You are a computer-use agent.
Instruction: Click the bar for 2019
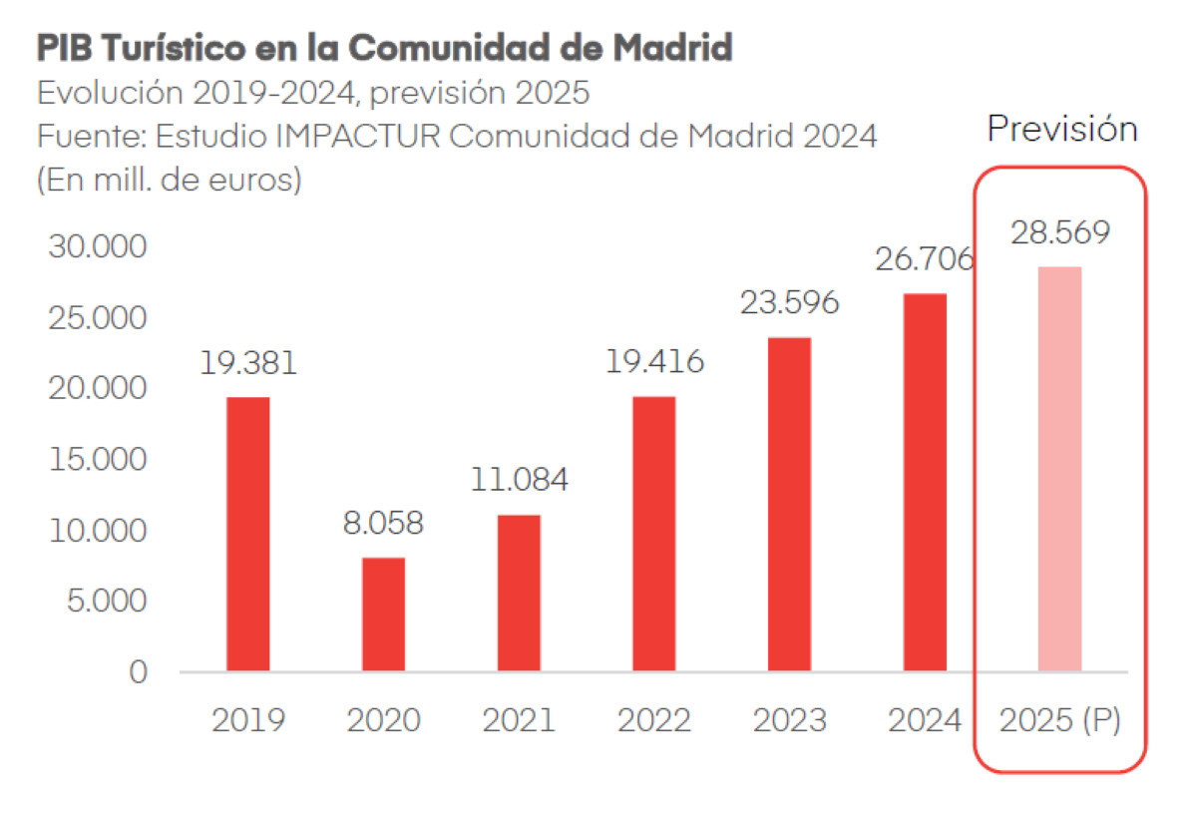click(247, 534)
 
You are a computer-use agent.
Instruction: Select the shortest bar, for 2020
click(383, 613)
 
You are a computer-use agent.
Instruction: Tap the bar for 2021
click(519, 593)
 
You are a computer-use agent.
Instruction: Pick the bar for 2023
click(789, 504)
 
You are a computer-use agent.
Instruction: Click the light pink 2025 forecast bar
click(1059, 469)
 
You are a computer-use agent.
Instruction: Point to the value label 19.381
click(247, 363)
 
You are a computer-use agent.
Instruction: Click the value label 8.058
click(383, 523)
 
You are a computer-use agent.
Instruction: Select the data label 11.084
click(519, 480)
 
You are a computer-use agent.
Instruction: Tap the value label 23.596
click(789, 302)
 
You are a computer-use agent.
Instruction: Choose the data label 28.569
click(1059, 232)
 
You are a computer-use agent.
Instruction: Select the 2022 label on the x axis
click(653, 720)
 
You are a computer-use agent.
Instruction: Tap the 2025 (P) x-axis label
click(1059, 720)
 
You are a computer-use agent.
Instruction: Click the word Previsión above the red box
click(1061, 129)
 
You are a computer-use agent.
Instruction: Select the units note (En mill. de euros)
click(169, 182)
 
